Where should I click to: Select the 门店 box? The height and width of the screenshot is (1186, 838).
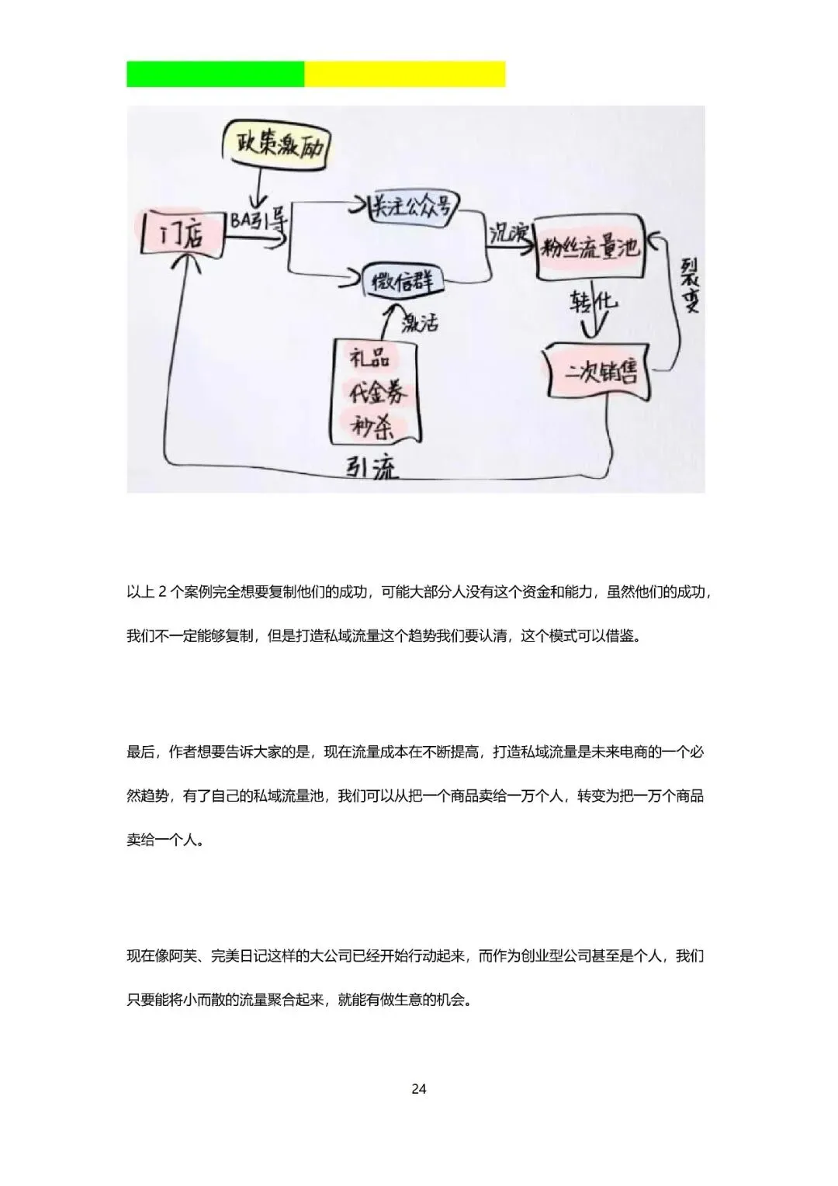click(x=181, y=233)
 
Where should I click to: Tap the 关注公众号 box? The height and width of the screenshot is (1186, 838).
click(x=412, y=206)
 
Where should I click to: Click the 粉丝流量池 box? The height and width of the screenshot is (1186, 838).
click(x=589, y=248)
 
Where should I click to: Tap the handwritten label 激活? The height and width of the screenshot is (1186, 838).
click(x=420, y=321)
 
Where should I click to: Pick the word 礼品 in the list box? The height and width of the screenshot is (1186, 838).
click(x=369, y=359)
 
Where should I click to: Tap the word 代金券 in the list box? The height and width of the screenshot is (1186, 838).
click(x=376, y=393)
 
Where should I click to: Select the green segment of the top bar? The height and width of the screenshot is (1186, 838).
click(x=216, y=75)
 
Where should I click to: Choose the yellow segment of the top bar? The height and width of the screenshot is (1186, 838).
click(x=405, y=75)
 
